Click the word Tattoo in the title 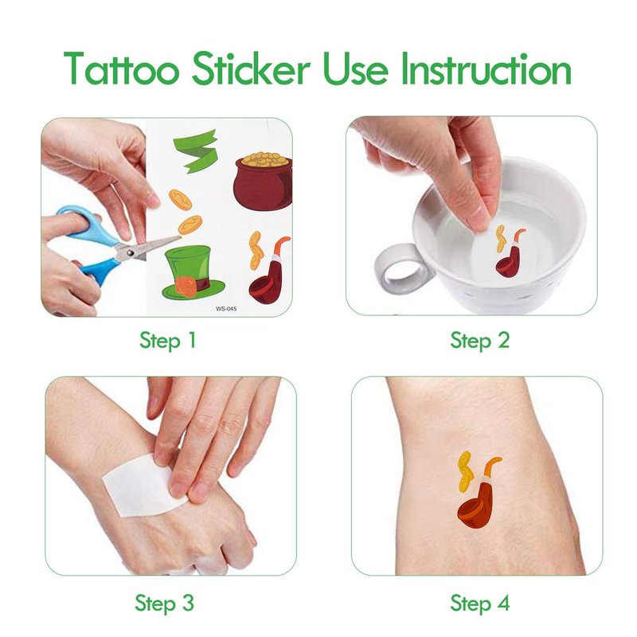coord(122,68)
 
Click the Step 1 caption coord(168,341)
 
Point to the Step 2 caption coord(480,341)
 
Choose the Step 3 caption coord(165,603)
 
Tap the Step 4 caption coord(480,603)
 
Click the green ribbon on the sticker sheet coord(196,151)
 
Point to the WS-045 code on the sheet coord(226,309)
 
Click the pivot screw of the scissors coord(130,252)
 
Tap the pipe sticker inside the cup coord(509,254)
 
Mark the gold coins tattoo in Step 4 coord(466,472)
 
